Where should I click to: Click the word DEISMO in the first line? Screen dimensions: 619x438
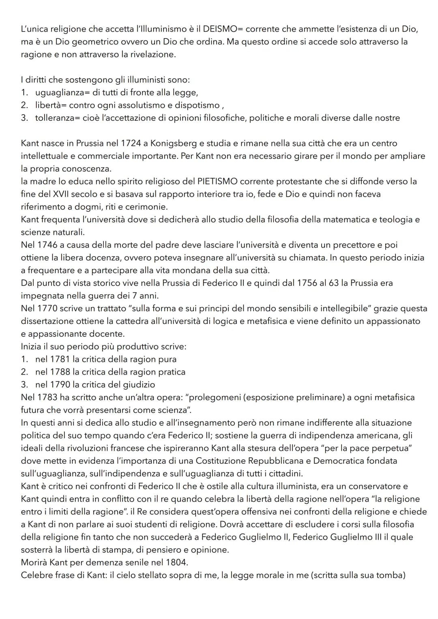click(x=223, y=29)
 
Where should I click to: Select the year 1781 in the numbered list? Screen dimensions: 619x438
click(x=60, y=359)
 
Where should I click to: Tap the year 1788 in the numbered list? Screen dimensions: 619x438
click(x=60, y=372)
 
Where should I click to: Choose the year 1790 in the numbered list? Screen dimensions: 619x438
click(x=60, y=384)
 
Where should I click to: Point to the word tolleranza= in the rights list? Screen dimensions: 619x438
click(x=57, y=118)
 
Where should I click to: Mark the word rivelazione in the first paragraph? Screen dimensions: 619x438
click(x=149, y=55)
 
